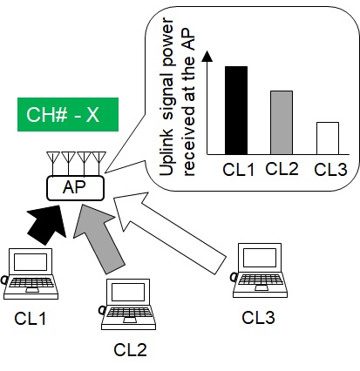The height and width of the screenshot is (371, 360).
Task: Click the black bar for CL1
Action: point(236,111)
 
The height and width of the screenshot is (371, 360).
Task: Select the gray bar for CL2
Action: point(282,123)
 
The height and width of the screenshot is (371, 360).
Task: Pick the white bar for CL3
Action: point(328,138)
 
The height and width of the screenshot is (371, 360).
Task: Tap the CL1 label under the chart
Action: point(238,170)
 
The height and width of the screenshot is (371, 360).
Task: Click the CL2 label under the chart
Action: point(282,168)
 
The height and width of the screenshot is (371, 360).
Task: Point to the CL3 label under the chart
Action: point(330,170)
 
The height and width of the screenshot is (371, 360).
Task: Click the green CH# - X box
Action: point(68,114)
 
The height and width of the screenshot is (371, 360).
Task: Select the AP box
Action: point(75,188)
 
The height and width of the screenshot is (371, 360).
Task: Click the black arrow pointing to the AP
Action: point(48,224)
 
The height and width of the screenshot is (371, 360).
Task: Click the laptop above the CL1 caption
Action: point(31,273)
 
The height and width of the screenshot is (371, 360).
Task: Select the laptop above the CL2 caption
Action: point(128,304)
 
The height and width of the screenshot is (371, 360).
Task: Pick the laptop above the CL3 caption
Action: point(260,270)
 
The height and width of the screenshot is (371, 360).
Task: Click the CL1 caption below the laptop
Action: point(30,319)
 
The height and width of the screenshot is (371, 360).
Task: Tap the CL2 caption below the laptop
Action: point(130,350)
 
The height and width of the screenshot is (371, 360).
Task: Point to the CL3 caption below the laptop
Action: point(258,317)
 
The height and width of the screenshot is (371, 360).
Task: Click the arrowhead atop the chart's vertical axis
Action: point(207,57)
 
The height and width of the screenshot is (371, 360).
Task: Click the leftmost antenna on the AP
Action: point(53,162)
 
